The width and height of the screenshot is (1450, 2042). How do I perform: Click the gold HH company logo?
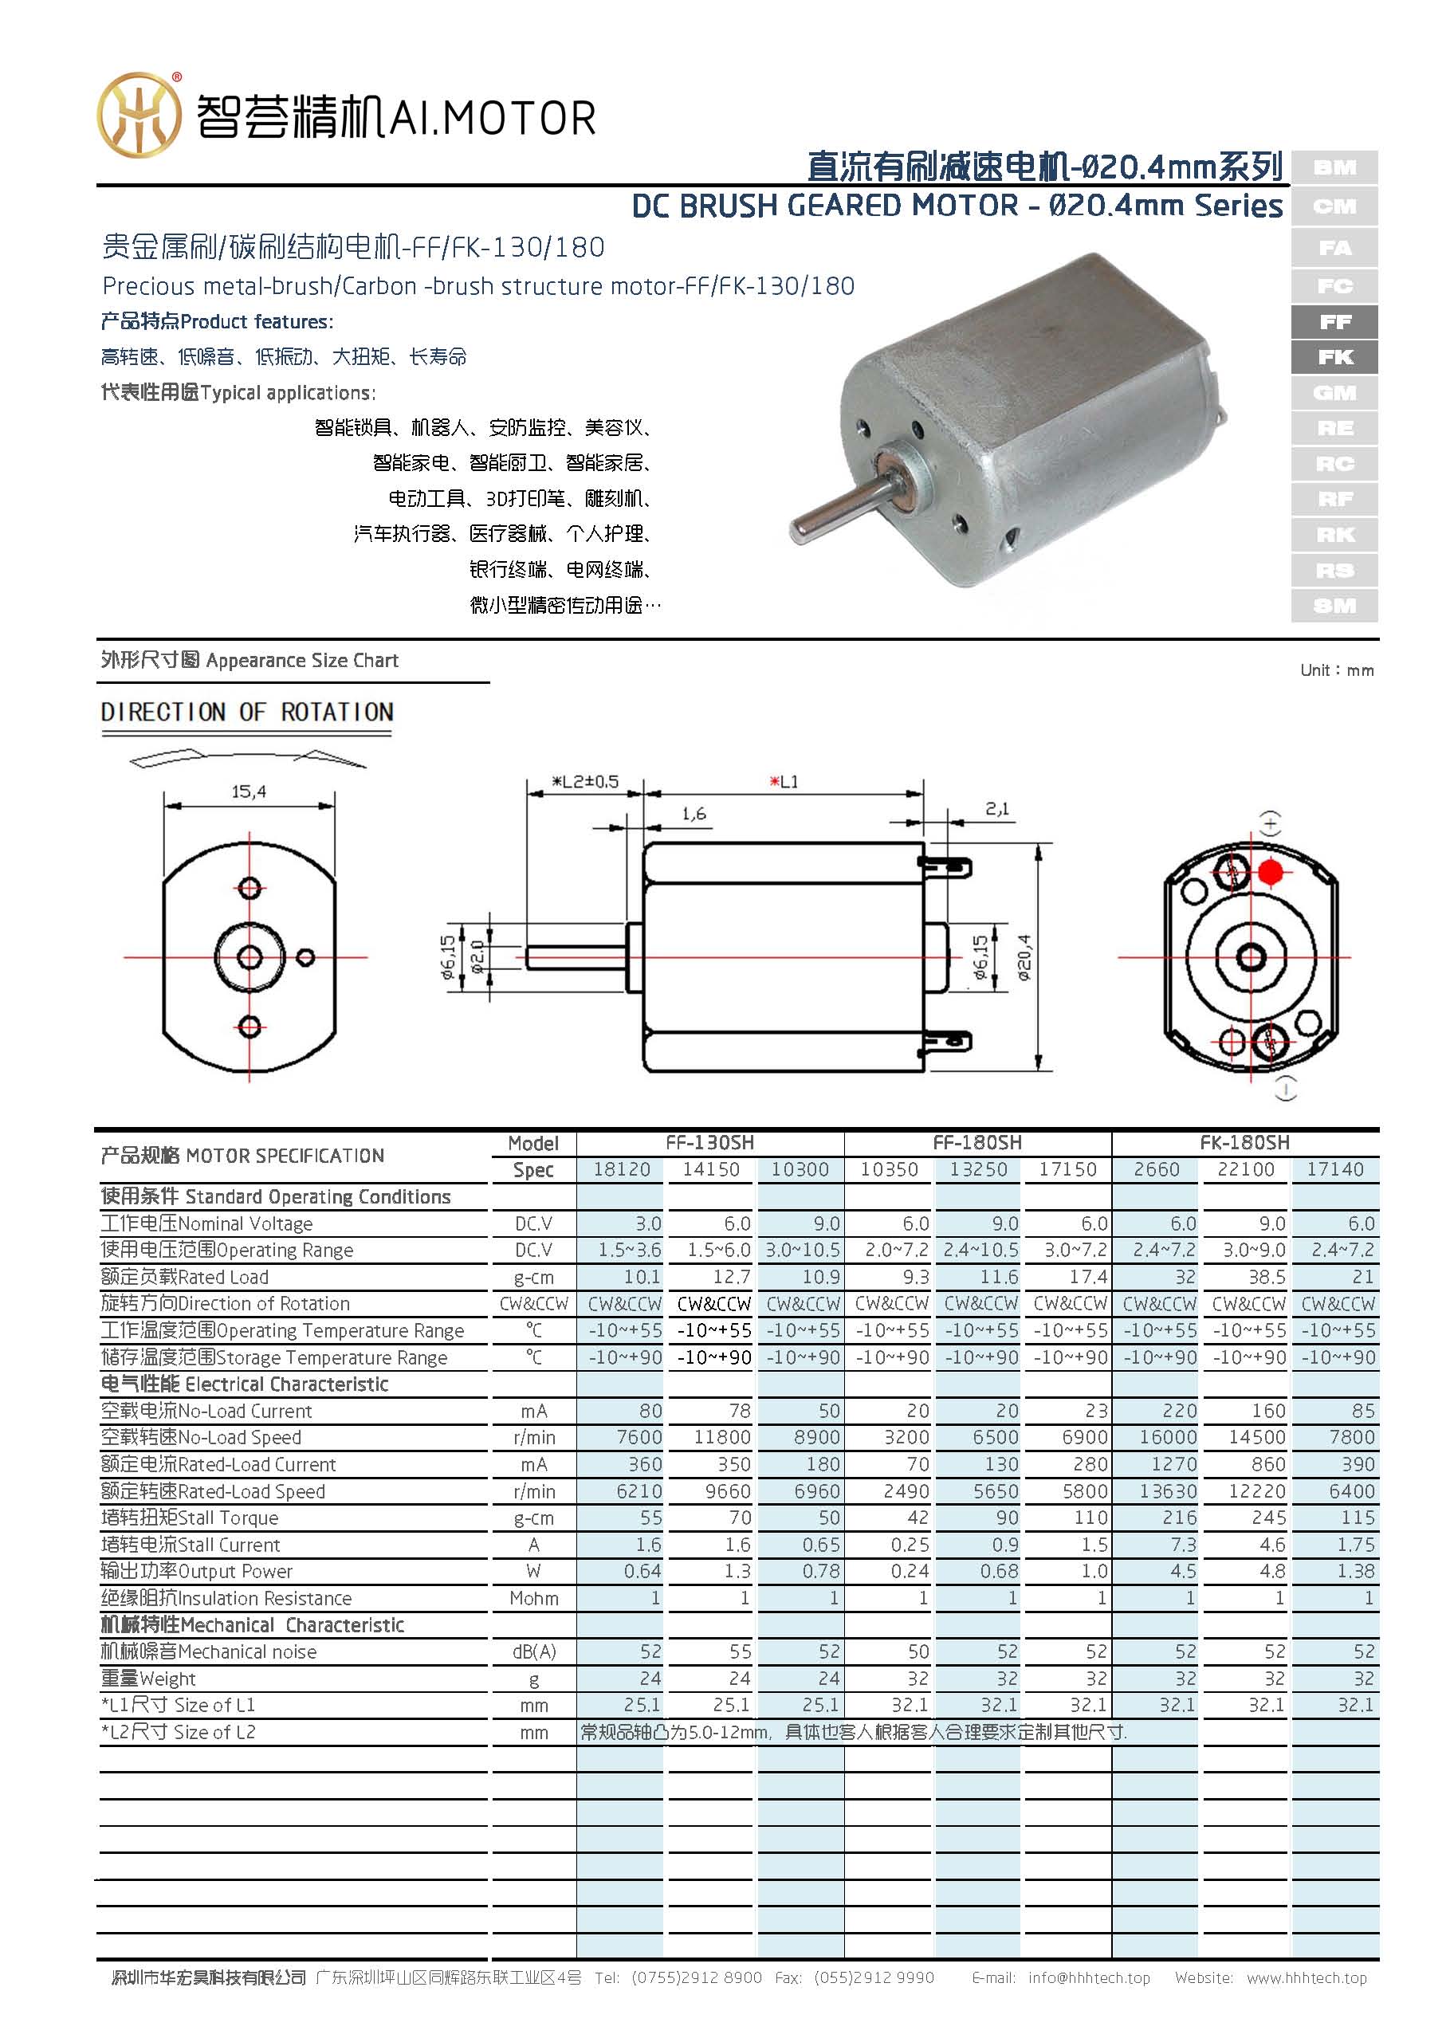[139, 114]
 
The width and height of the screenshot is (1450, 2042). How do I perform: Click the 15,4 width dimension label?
[248, 791]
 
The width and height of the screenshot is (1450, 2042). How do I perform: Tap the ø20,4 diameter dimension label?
[1024, 957]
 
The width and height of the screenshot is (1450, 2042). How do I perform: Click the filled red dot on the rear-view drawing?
[1271, 872]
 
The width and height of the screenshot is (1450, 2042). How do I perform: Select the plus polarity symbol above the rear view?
[1271, 822]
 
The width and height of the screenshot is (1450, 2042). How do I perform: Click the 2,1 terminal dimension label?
[996, 808]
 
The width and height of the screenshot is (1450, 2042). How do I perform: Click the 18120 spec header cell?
[622, 1169]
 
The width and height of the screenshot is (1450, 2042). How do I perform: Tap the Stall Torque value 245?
[1268, 1518]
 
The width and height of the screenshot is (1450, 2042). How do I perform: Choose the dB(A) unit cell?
[534, 1651]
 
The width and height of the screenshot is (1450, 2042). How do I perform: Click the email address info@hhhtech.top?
[1088, 1977]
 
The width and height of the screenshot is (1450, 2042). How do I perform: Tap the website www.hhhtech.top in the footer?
[1307, 1977]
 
